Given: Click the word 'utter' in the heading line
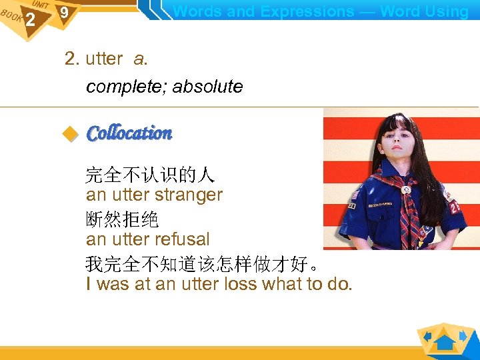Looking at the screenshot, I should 104,59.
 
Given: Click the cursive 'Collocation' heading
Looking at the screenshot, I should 129,133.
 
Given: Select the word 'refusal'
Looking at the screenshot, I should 181,239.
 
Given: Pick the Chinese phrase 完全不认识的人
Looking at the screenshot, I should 149,175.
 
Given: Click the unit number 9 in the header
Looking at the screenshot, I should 64,13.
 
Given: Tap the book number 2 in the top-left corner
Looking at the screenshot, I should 30,20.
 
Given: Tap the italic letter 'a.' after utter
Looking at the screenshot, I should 140,59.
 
